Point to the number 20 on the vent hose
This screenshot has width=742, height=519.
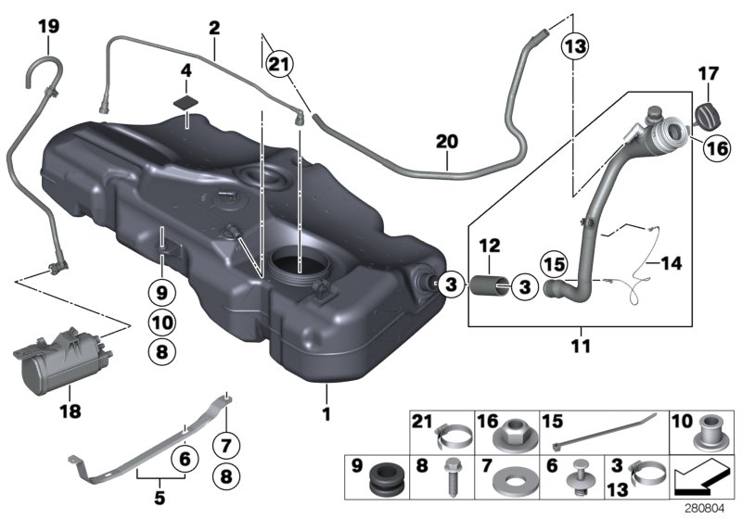click(x=447, y=142)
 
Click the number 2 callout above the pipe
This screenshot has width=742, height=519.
click(x=214, y=28)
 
